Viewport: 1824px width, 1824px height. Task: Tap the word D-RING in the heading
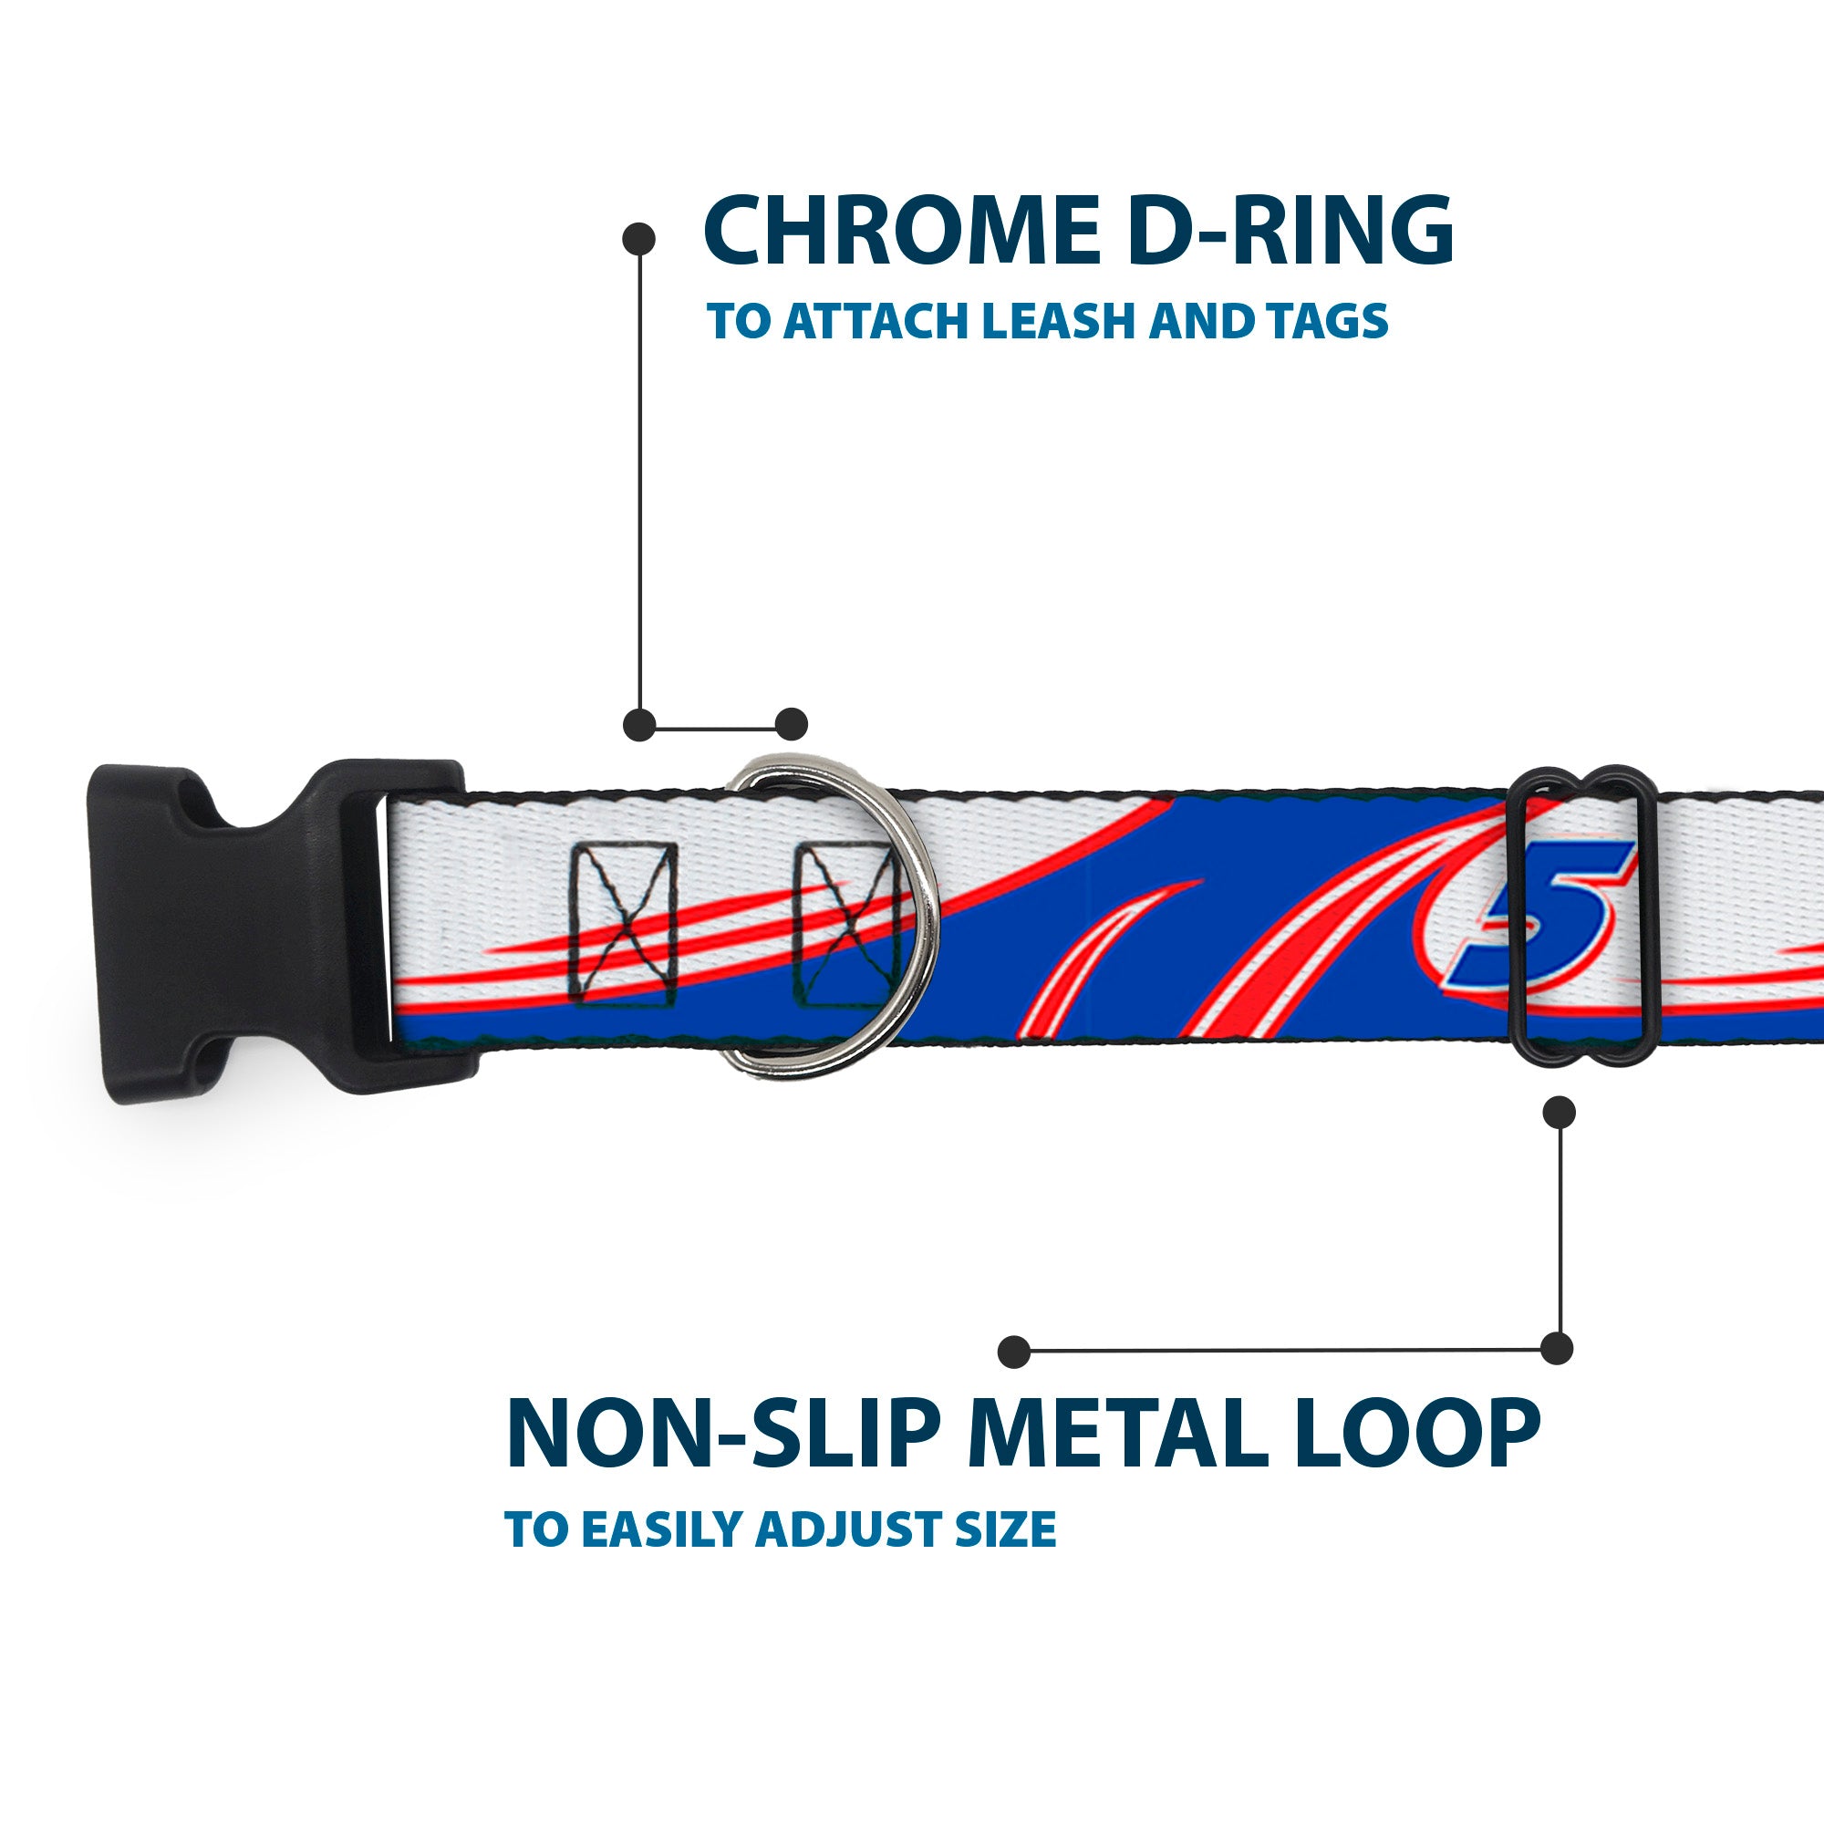point(1290,232)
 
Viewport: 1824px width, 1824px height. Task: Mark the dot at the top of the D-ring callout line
point(639,239)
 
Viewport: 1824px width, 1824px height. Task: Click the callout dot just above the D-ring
point(791,724)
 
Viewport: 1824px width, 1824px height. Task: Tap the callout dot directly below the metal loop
point(1559,1112)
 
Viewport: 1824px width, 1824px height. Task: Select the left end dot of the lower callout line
point(1014,1351)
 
